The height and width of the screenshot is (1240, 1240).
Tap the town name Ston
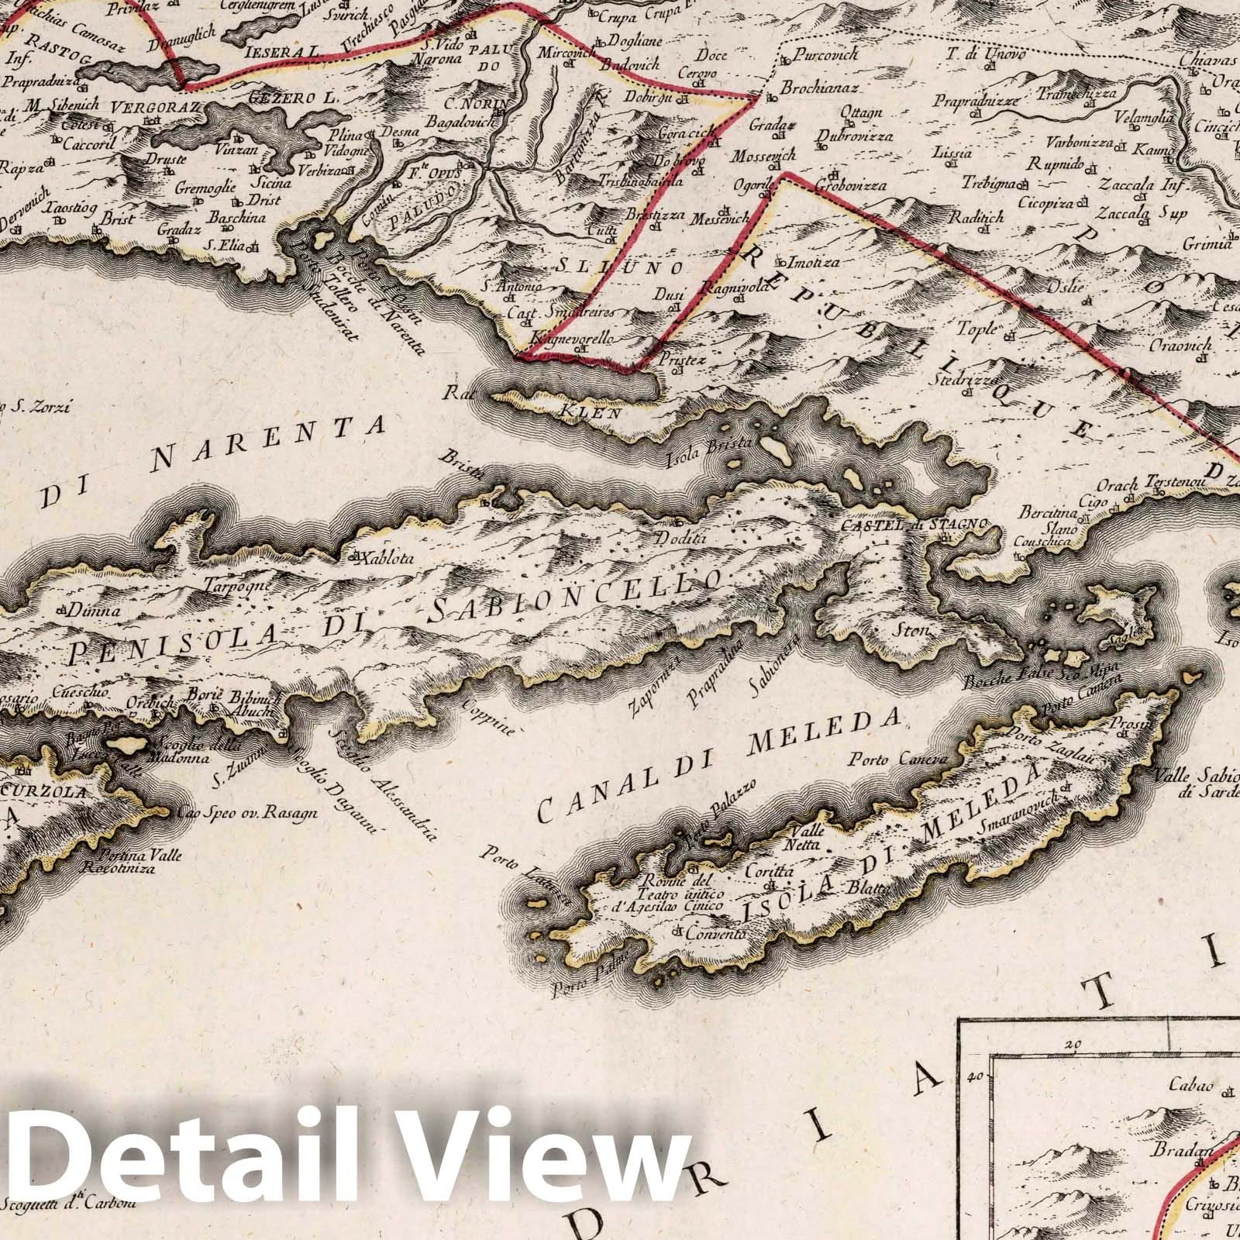tap(913, 630)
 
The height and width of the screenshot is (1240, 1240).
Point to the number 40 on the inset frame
tap(974, 1076)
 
